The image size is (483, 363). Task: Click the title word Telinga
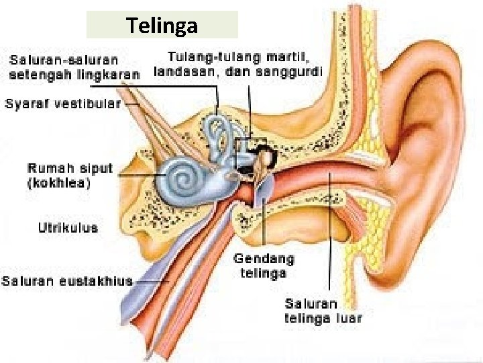(x=162, y=26)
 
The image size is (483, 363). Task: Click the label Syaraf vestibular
(x=63, y=104)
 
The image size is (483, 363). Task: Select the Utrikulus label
(x=68, y=227)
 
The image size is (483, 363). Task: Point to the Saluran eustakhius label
(x=67, y=281)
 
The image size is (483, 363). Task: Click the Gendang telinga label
(x=263, y=266)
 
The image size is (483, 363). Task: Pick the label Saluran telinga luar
(x=323, y=311)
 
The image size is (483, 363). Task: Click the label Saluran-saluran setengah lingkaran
(x=74, y=66)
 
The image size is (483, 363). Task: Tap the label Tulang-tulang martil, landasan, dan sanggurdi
(x=238, y=63)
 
